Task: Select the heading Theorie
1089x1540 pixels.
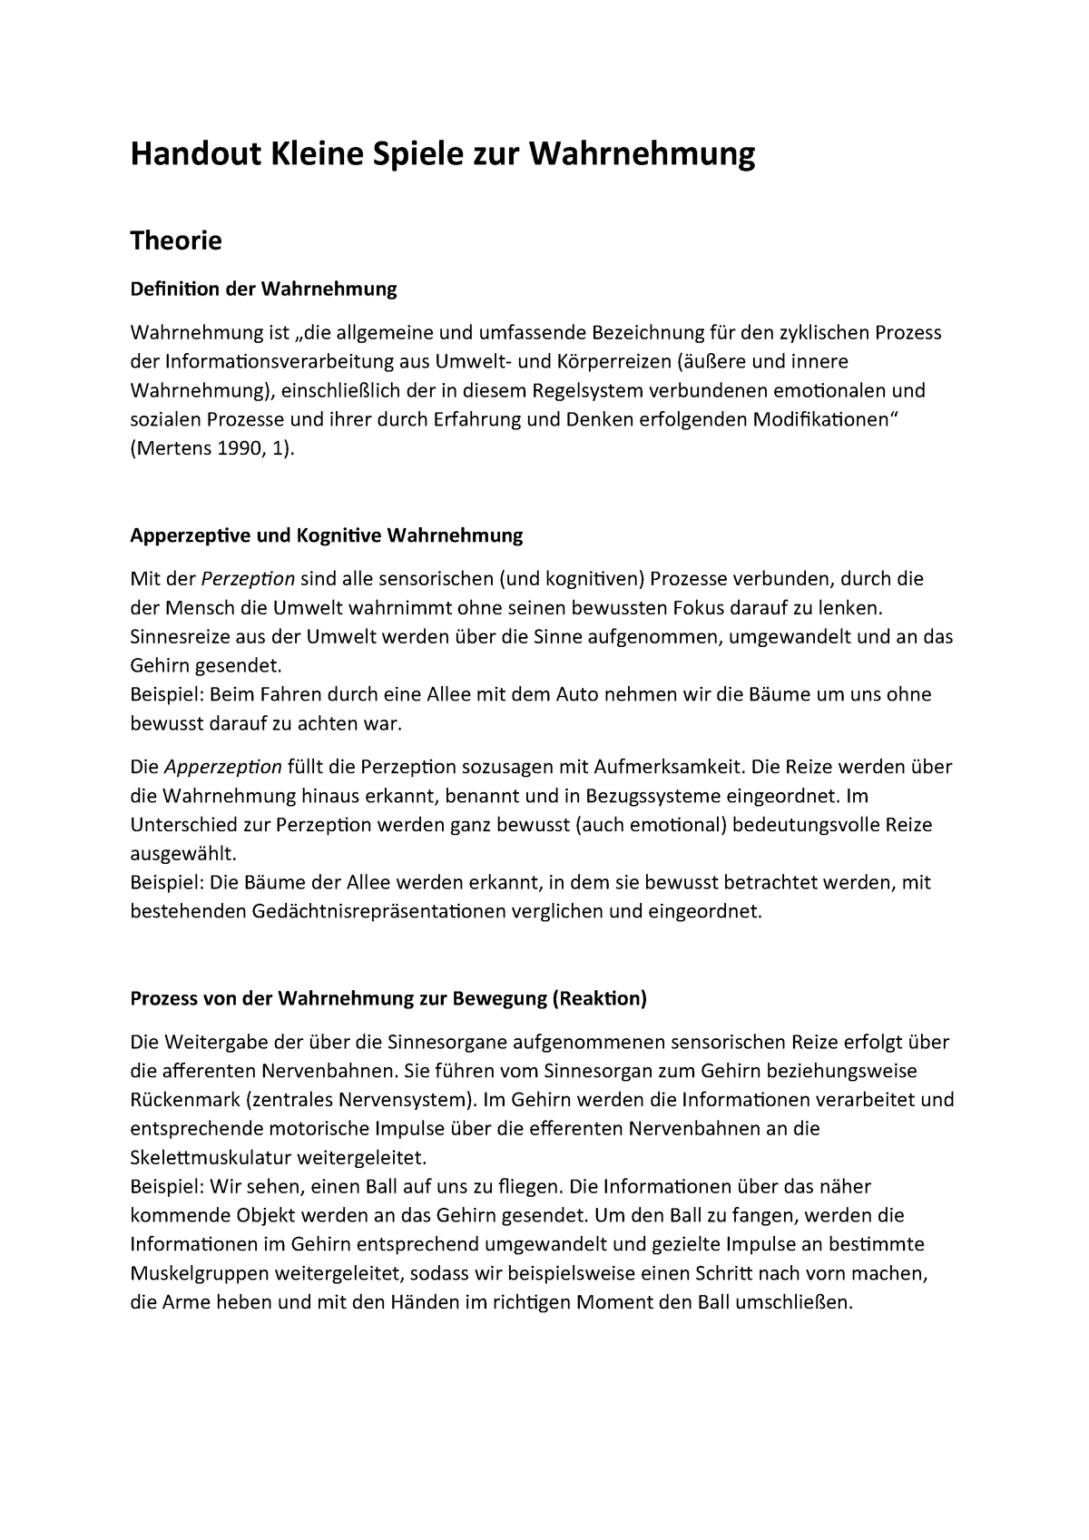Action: click(x=176, y=241)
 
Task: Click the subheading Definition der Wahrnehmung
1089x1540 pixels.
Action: click(x=264, y=289)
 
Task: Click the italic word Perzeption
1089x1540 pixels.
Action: click(x=248, y=579)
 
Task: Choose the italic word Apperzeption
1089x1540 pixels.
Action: click(x=223, y=767)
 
